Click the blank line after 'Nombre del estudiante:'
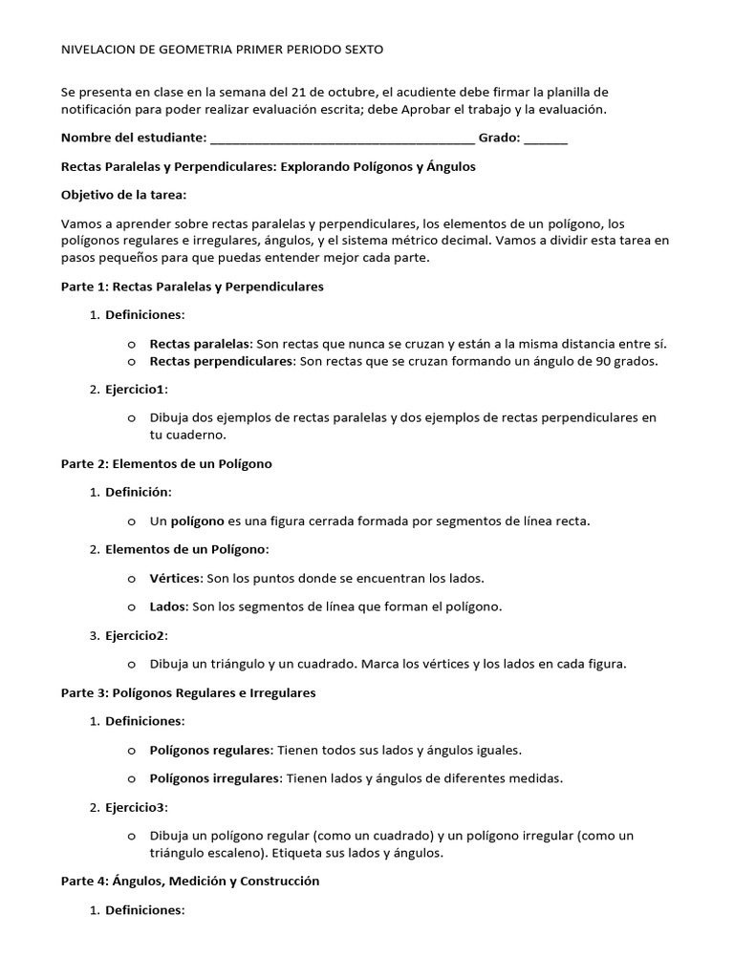point(341,139)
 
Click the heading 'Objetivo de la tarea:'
point(124,195)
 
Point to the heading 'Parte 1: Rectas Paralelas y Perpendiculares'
point(192,287)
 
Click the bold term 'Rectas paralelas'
point(200,344)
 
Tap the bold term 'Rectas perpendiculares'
point(222,362)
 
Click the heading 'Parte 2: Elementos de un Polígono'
point(166,464)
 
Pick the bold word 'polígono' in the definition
point(197,521)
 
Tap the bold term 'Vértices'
point(175,579)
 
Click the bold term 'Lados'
point(169,606)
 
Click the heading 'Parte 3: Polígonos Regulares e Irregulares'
point(188,692)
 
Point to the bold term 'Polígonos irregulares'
point(213,778)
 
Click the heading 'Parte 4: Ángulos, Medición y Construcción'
point(189,882)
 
